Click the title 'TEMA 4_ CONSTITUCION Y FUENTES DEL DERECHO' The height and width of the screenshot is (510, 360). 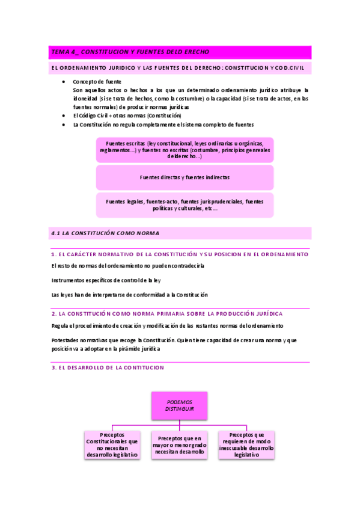(x=129, y=52)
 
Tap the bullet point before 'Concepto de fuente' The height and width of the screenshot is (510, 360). (x=64, y=81)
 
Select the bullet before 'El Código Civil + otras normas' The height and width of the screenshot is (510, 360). (x=64, y=115)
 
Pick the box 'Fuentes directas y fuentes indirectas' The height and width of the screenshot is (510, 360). (x=185, y=178)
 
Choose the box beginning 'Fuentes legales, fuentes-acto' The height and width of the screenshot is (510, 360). (x=185, y=205)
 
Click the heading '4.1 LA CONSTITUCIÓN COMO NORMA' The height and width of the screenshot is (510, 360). (x=105, y=233)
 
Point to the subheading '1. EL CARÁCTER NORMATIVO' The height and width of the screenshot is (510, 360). (x=180, y=254)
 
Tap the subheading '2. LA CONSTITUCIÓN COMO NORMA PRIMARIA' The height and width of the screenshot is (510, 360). (x=167, y=314)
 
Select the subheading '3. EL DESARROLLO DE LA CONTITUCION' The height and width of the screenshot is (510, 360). (x=108, y=367)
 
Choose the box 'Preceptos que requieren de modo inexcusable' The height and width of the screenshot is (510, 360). (x=246, y=445)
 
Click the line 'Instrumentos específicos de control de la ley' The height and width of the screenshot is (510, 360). (x=106, y=280)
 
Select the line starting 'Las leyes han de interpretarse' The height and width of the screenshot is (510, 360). (x=129, y=295)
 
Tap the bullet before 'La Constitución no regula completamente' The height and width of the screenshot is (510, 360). (x=64, y=124)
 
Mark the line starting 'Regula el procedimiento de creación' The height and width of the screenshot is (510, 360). (x=167, y=326)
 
